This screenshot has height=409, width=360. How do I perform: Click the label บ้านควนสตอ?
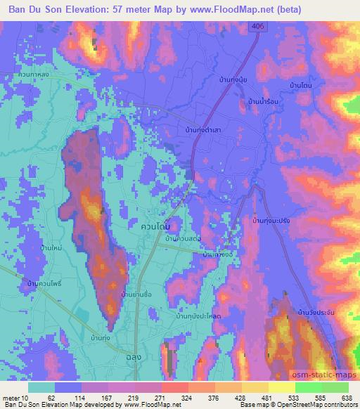pyautogui.click(x=182, y=240)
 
